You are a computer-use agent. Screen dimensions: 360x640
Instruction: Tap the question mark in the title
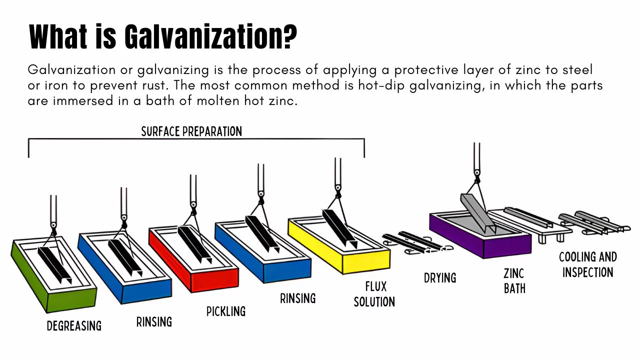pos(289,36)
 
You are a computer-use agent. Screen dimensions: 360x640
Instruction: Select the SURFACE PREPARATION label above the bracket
pos(191,131)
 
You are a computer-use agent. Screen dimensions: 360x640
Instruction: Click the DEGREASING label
pos(74,326)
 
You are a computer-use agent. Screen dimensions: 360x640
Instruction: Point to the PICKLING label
pos(226,311)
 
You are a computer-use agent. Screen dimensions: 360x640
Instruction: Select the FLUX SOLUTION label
pos(374,294)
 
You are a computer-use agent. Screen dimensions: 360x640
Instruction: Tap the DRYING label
pos(440,277)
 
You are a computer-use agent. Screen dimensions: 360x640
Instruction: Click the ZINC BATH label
pos(514,280)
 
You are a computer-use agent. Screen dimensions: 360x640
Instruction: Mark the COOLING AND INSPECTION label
pos(587,264)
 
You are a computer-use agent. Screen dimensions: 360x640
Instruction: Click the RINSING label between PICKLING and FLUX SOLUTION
pos(297,298)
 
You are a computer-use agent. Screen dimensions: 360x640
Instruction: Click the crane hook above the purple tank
pos(477,174)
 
